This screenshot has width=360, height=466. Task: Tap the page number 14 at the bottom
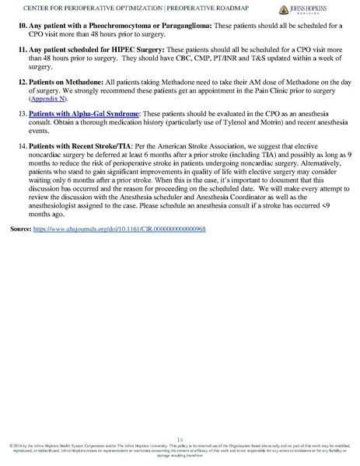click(x=180, y=439)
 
